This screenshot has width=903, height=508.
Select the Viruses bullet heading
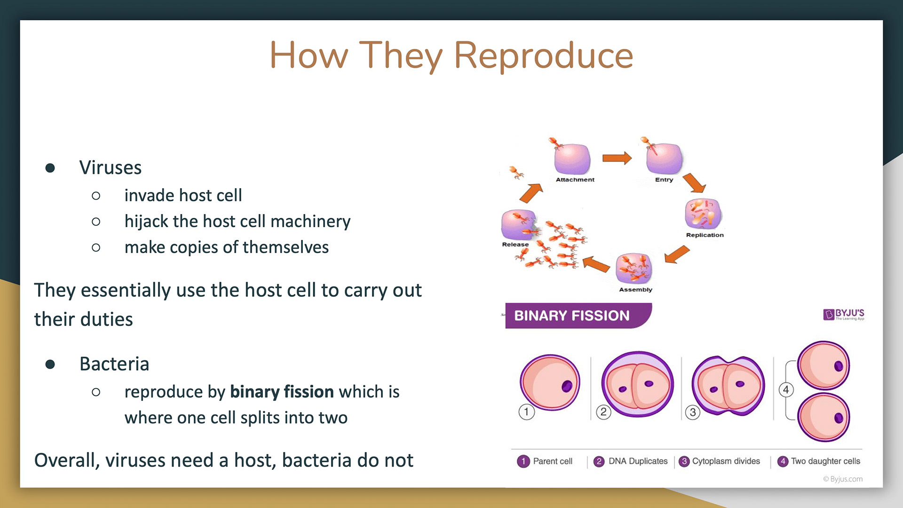[111, 167]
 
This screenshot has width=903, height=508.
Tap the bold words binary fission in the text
[282, 391]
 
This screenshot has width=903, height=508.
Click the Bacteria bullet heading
[114, 364]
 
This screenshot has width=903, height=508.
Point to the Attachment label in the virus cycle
[575, 180]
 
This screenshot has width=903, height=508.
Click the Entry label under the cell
[664, 180]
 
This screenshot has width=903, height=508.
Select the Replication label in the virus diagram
[705, 235]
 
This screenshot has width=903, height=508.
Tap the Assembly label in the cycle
[635, 290]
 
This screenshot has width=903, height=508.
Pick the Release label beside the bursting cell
[515, 245]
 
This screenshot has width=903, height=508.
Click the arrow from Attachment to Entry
[617, 158]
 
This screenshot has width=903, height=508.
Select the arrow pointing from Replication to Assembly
[677, 254]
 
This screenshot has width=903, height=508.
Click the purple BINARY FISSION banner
[578, 316]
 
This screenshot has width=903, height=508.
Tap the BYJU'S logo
[844, 314]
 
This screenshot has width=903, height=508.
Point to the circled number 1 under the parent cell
[526, 412]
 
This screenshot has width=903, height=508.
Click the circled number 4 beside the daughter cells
[786, 389]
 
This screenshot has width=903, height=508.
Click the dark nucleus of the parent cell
[567, 386]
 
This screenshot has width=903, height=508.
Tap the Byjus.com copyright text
[843, 479]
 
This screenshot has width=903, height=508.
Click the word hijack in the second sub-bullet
[146, 222]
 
